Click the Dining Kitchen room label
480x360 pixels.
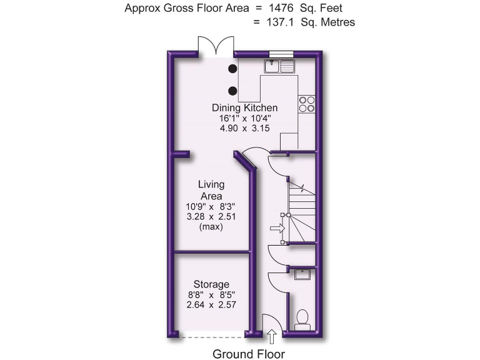pos(244,107)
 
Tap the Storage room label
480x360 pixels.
pos(211,284)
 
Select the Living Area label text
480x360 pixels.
pos(211,190)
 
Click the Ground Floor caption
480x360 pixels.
pos(249,354)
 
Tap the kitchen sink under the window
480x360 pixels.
pos(280,66)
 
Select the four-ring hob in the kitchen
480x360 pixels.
pos(306,104)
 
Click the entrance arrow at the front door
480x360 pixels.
pos(271,337)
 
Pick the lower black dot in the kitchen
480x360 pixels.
pos(232,89)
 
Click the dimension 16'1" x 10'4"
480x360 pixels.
pos(244,118)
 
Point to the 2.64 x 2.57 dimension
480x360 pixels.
pos(211,305)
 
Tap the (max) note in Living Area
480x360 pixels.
pos(211,226)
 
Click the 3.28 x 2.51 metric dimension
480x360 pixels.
pos(211,216)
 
